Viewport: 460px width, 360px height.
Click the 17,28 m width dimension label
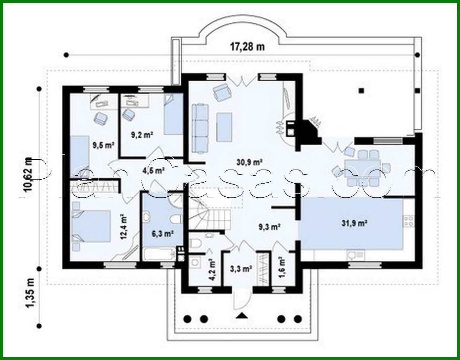tap(247, 47)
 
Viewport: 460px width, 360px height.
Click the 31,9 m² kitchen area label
tap(354, 224)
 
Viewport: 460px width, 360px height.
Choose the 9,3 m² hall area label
tap(269, 227)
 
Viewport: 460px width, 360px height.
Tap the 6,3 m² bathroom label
tap(162, 233)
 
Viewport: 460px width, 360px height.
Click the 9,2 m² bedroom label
tap(142, 134)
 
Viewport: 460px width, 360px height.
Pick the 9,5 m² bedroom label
tap(103, 145)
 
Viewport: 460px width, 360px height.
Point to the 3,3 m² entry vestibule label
tap(241, 269)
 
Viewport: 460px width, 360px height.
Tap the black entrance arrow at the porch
tap(242, 316)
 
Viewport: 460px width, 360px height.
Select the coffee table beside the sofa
tap(225, 127)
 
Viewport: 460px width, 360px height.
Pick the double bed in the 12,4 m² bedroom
tap(91, 226)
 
